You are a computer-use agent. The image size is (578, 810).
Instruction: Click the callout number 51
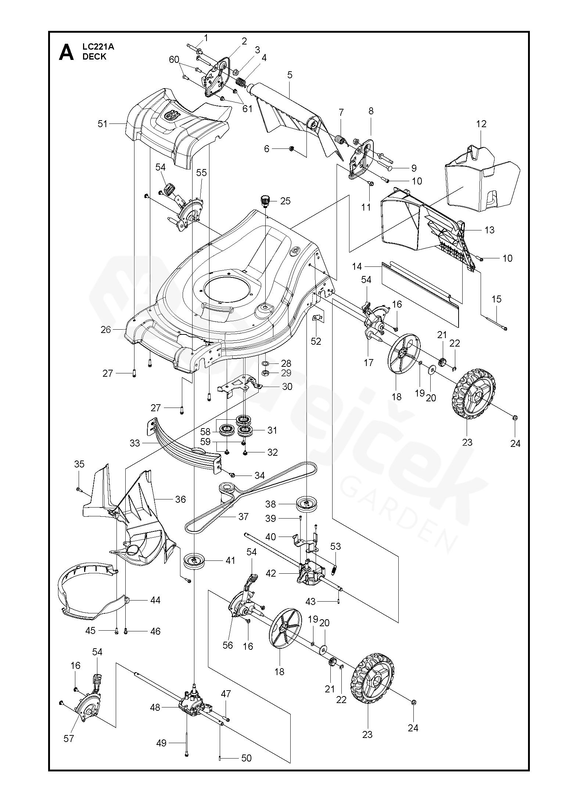click(103, 124)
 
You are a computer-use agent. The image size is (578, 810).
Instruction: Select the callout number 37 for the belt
click(243, 516)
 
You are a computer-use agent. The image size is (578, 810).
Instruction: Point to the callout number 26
click(106, 330)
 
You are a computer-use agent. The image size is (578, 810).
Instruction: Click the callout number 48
click(155, 707)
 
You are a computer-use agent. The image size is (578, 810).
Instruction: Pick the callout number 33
click(135, 443)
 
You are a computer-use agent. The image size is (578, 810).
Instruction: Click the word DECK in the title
click(94, 56)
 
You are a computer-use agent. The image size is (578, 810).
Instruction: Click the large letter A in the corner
click(67, 53)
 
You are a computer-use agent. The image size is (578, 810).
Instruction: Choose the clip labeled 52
click(318, 318)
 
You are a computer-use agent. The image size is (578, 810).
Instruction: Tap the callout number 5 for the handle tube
click(290, 75)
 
